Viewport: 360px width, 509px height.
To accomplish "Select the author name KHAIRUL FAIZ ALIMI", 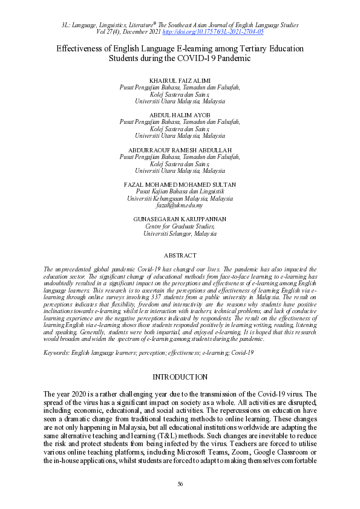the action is tap(180, 80).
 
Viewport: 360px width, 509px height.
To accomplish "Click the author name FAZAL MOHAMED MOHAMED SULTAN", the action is tap(180, 184).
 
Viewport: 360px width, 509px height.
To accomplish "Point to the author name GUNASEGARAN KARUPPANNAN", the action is tap(180, 218).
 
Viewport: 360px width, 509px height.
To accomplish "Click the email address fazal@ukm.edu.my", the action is tap(180, 206).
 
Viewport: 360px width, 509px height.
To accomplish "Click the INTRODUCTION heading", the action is tap(180, 377).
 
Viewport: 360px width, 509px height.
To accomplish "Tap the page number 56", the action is tap(180, 484).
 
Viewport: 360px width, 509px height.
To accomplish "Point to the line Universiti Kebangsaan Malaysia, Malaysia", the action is tap(180, 198).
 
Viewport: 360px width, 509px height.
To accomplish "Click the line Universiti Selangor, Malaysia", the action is tap(180, 233).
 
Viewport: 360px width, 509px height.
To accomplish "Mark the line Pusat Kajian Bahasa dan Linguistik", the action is tap(180, 191).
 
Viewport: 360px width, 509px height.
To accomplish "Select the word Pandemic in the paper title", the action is tap(232, 59).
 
